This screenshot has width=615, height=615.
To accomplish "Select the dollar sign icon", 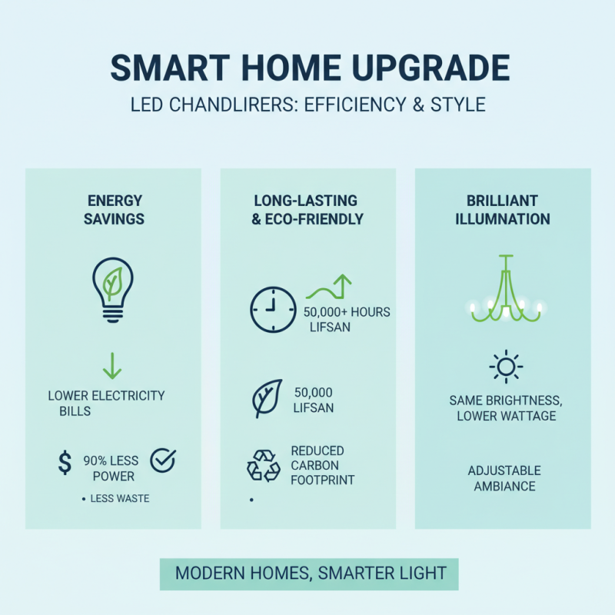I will [x=65, y=462].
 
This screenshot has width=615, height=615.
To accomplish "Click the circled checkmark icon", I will [x=163, y=460].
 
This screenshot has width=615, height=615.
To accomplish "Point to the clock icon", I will [x=273, y=310].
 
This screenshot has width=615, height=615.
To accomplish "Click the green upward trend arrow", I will [x=330, y=288].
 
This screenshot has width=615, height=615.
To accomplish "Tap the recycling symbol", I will [x=264, y=466].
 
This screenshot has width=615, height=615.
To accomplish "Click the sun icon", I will [x=505, y=367].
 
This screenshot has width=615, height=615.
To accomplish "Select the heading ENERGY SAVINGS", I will [x=115, y=209].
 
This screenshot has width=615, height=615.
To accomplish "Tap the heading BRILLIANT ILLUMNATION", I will [x=503, y=209].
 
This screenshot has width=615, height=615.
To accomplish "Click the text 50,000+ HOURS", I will [x=347, y=312].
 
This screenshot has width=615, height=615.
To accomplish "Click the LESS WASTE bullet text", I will [x=119, y=499].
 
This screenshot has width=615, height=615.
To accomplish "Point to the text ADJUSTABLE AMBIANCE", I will [x=504, y=477].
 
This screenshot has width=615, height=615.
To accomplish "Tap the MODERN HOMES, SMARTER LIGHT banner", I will [x=311, y=573].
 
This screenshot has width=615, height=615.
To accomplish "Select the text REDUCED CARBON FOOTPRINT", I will [x=317, y=465].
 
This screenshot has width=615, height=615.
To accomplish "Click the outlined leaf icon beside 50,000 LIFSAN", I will [x=268, y=399].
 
